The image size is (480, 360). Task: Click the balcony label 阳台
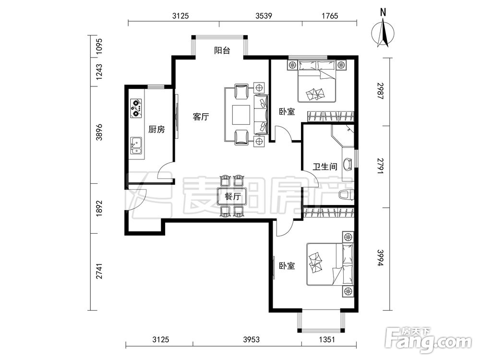tap(222, 50)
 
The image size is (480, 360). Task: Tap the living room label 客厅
tap(201, 117)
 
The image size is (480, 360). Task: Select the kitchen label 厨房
tap(156, 130)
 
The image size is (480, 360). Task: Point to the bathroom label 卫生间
tap(325, 167)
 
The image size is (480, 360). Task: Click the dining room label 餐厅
tap(233, 196)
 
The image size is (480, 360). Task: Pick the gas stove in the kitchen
tap(136, 108)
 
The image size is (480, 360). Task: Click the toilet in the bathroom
tap(347, 195)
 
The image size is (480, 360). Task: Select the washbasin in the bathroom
tap(348, 164)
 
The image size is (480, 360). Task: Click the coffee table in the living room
tap(241, 115)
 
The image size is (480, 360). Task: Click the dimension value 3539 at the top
tap(264, 16)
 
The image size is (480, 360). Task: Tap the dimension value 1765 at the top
tap(330, 16)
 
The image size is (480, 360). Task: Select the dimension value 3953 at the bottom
tap(252, 339)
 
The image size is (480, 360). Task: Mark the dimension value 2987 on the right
tap(380, 91)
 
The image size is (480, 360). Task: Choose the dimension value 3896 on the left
tap(99, 132)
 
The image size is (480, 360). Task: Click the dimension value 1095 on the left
tap(99, 47)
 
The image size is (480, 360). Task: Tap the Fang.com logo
tap(428, 339)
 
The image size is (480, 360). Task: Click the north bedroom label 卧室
tap(287, 112)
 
